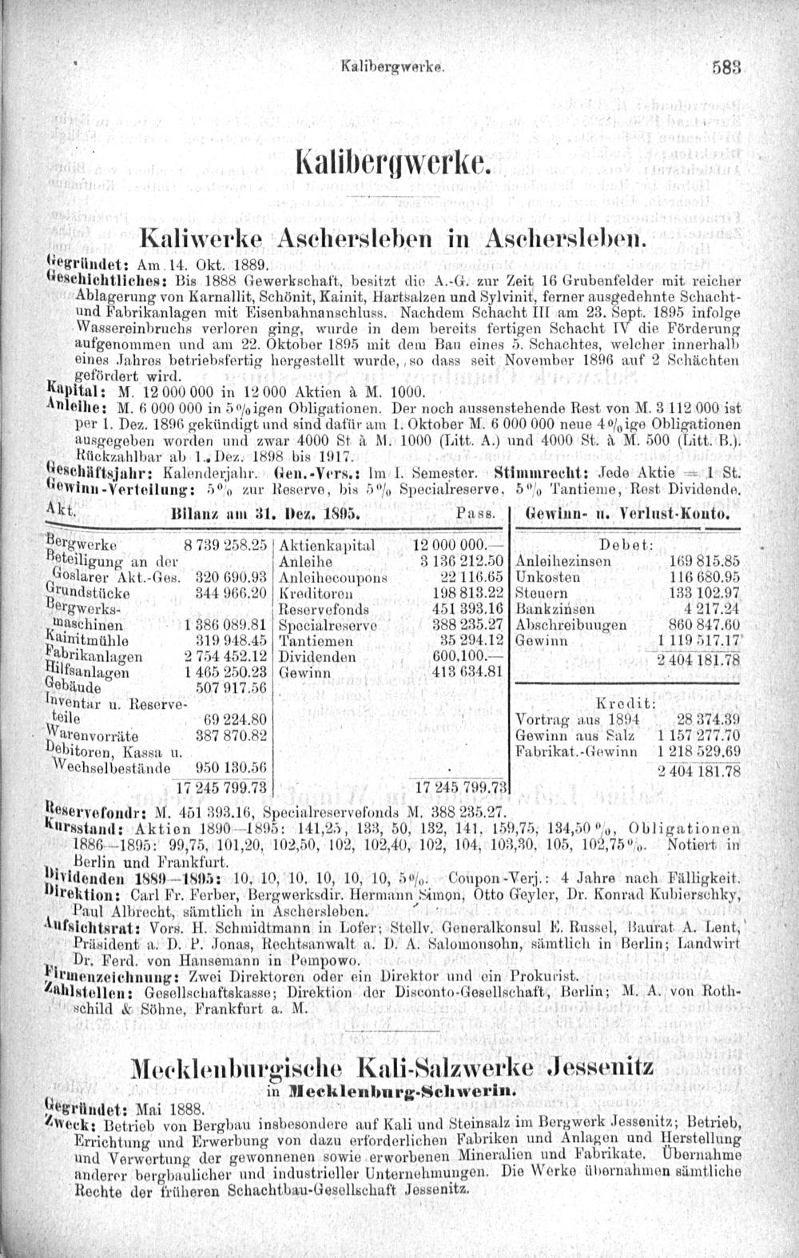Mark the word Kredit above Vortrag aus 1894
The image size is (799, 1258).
tap(626, 703)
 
